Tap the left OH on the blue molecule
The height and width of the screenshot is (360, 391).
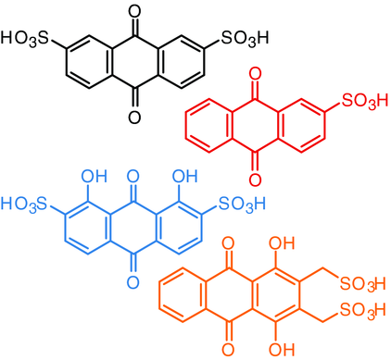(x=93, y=174)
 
